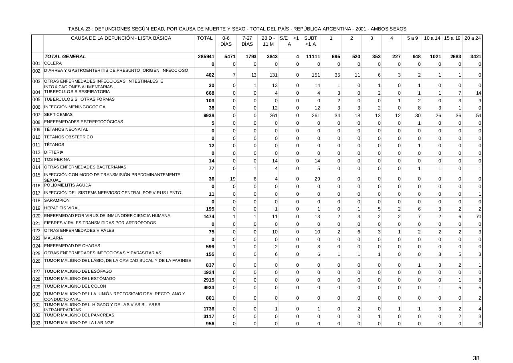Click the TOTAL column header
205,38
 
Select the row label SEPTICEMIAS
56,115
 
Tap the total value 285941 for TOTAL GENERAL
206,57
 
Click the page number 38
476,358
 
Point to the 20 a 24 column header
473,38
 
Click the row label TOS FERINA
57,160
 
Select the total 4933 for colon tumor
209,288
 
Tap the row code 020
36,216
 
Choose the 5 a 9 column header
412,38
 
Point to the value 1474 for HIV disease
209,217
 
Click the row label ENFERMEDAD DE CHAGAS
67,246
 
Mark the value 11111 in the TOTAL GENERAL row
313,57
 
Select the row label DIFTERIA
54,152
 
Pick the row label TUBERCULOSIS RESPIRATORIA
77,92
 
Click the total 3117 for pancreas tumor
209,316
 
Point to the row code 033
36,323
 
